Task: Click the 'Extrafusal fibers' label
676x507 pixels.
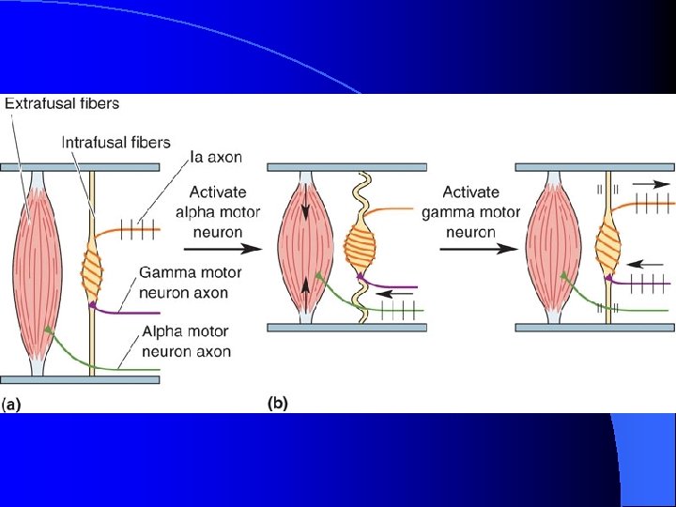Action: pos(62,103)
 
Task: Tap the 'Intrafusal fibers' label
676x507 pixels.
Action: pos(115,143)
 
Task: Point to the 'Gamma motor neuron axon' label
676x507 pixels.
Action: pos(190,283)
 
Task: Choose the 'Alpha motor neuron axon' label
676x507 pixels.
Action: pos(186,342)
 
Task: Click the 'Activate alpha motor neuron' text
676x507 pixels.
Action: pos(208,212)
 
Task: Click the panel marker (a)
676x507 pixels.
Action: pos(11,405)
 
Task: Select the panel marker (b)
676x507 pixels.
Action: pos(278,404)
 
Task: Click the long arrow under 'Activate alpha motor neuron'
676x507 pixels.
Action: pos(220,250)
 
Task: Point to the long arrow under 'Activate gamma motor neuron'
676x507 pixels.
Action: pos(480,249)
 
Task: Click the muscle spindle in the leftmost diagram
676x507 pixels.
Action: pos(93,269)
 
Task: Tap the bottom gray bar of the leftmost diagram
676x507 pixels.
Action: pos(80,379)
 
